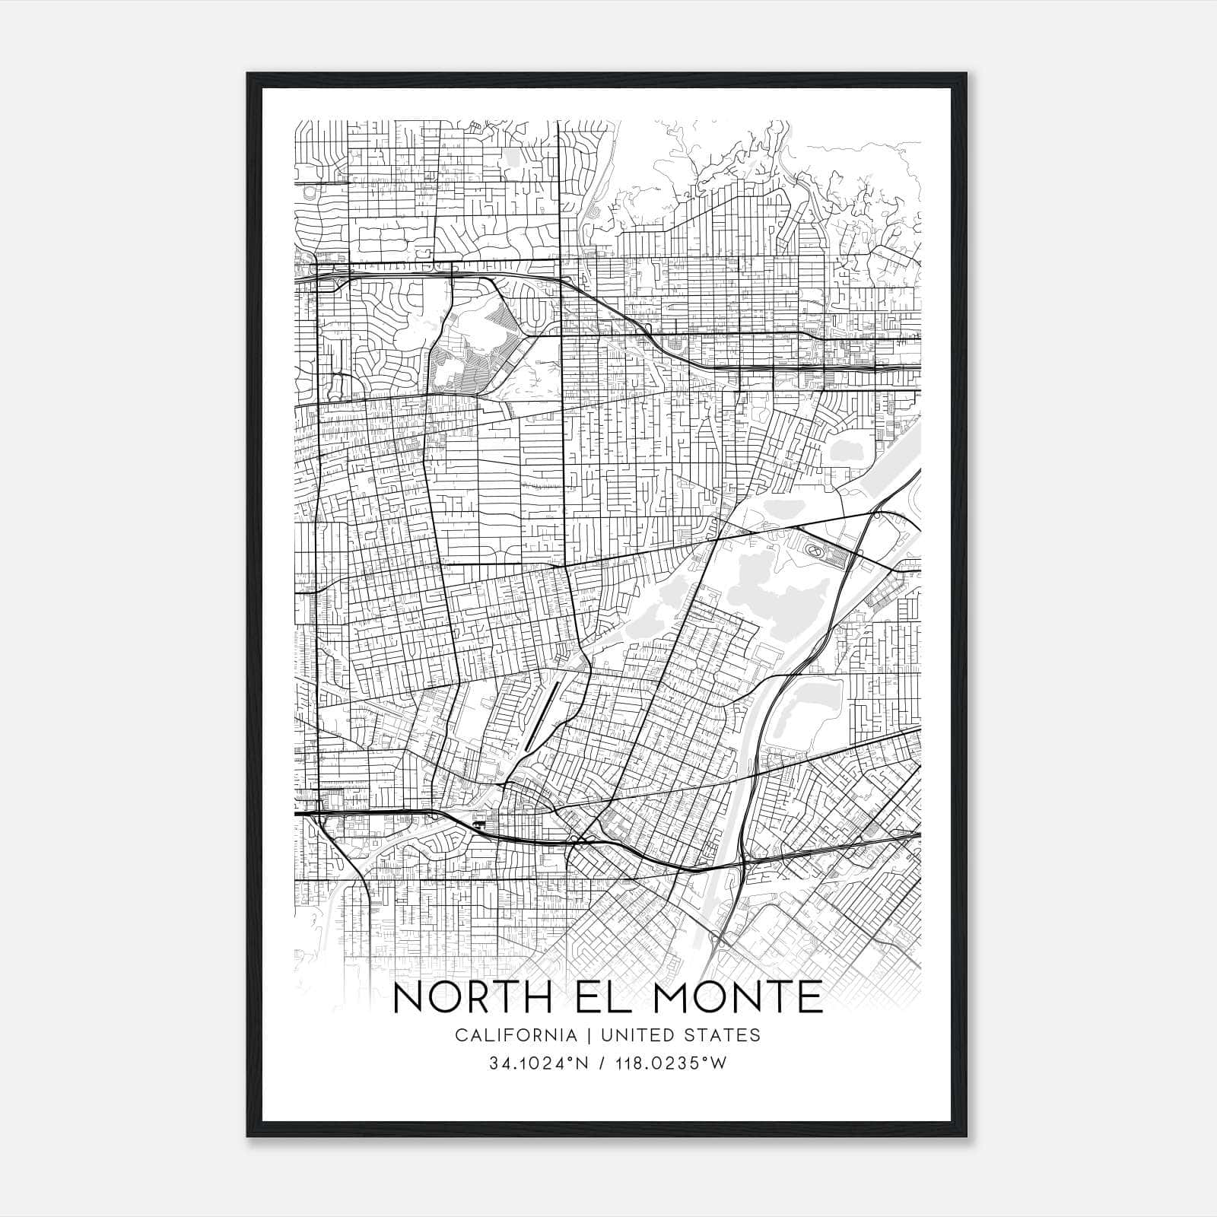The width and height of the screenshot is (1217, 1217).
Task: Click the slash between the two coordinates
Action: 602,1063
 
